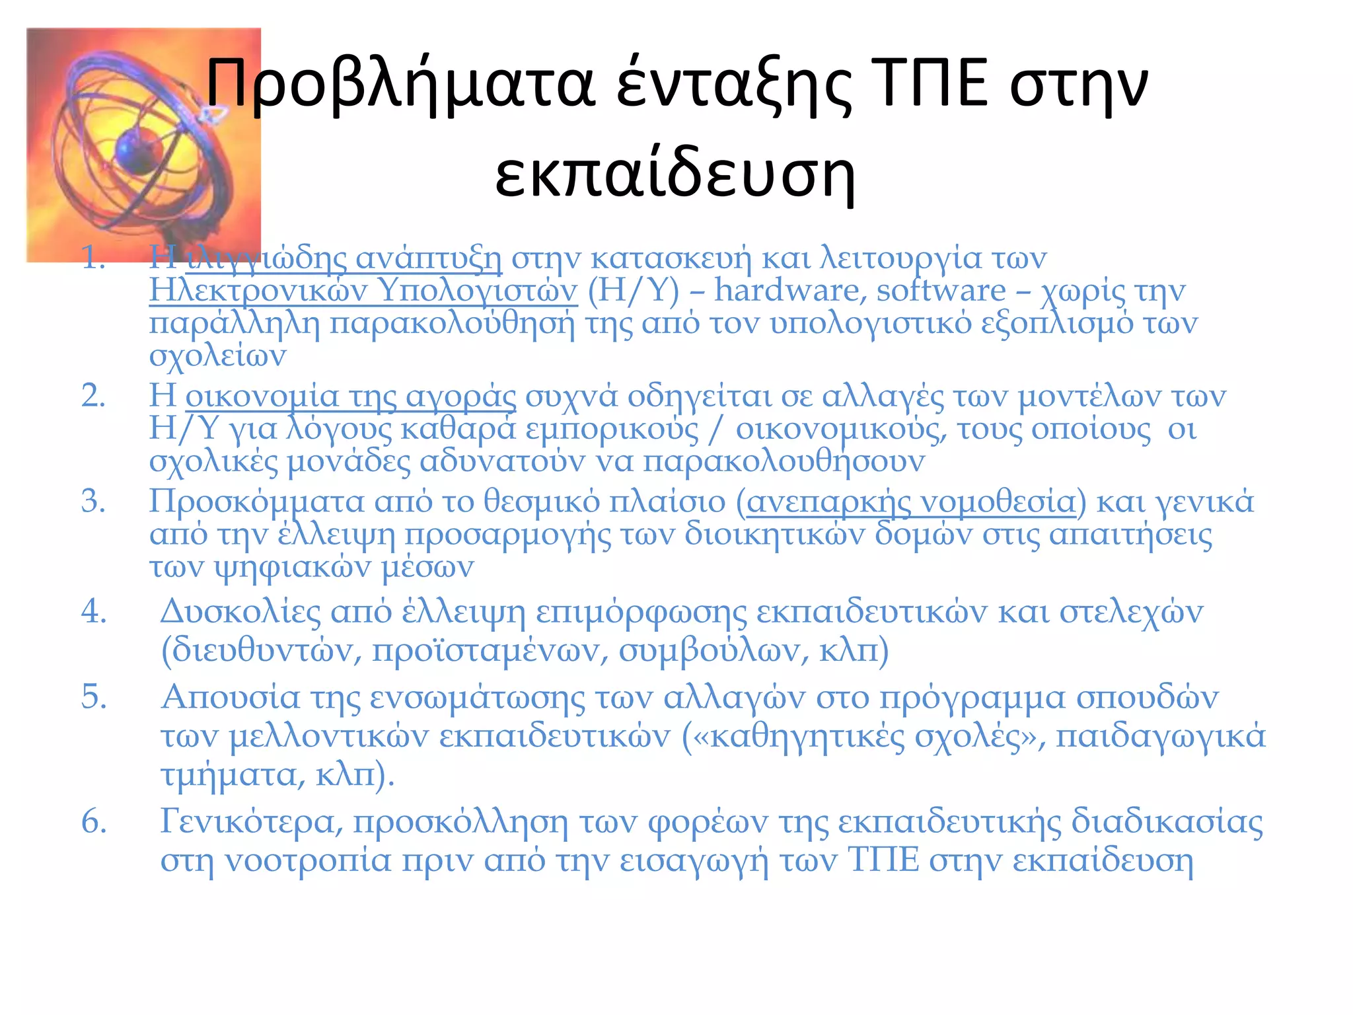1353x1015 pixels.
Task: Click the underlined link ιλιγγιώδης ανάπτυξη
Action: point(344,258)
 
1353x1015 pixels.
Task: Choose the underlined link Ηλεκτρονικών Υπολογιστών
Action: point(363,291)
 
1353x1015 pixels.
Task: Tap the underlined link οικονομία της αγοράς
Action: point(351,396)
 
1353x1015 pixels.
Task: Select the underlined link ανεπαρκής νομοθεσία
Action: point(912,502)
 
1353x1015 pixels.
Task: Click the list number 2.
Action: point(93,396)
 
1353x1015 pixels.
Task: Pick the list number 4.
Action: point(93,611)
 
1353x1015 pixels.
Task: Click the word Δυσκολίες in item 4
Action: point(240,611)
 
